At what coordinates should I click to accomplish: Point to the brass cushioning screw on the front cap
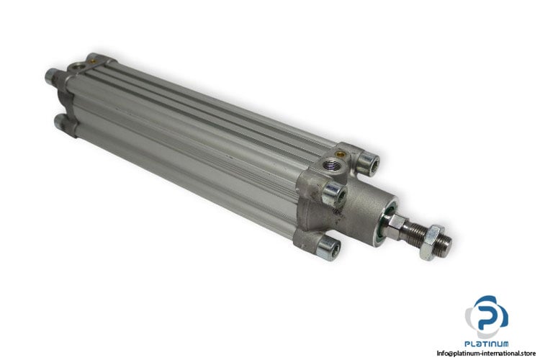pos(341,153)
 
